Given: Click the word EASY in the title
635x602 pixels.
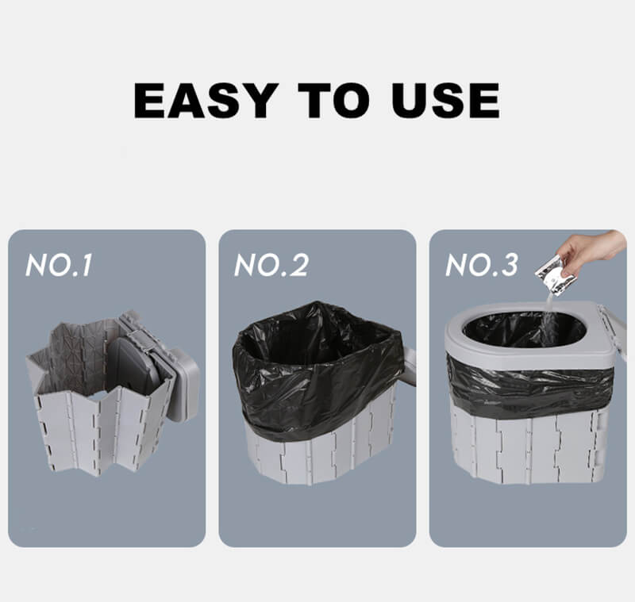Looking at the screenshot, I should [206, 101].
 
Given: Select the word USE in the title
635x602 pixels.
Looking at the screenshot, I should [445, 101].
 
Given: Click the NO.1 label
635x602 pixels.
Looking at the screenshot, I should [59, 266].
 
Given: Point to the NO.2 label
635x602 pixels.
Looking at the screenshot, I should [271, 266].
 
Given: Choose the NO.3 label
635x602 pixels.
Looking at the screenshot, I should [482, 266].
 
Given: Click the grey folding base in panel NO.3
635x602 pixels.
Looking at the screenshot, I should [528, 444].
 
